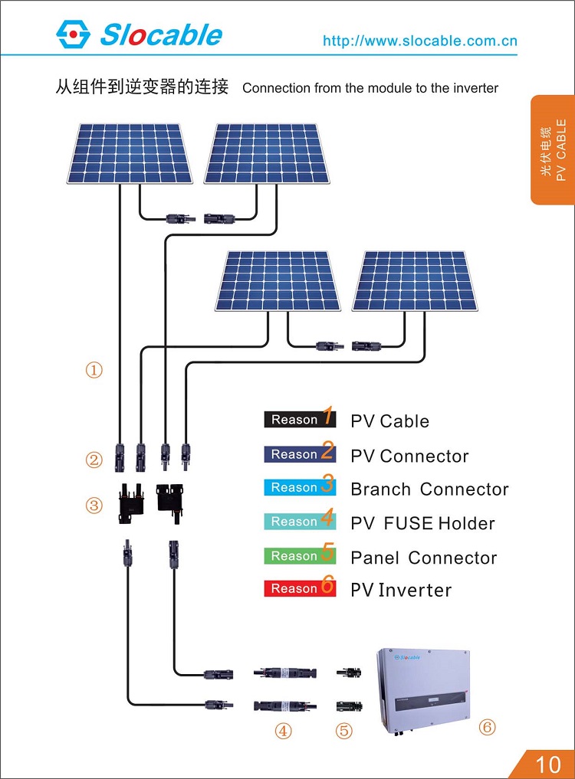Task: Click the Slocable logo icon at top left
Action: point(73,34)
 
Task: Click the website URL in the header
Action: point(419,41)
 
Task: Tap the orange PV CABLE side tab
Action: point(552,149)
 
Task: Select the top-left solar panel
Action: point(130,154)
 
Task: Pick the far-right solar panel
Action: point(415,280)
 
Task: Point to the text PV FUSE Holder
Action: point(422,524)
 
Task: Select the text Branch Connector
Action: point(429,489)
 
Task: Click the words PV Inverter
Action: point(401,591)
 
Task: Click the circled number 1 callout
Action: point(94,371)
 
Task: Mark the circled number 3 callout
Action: point(94,506)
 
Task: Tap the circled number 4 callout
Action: point(284,732)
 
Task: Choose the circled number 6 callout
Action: point(487,727)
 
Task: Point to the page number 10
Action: point(548,764)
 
